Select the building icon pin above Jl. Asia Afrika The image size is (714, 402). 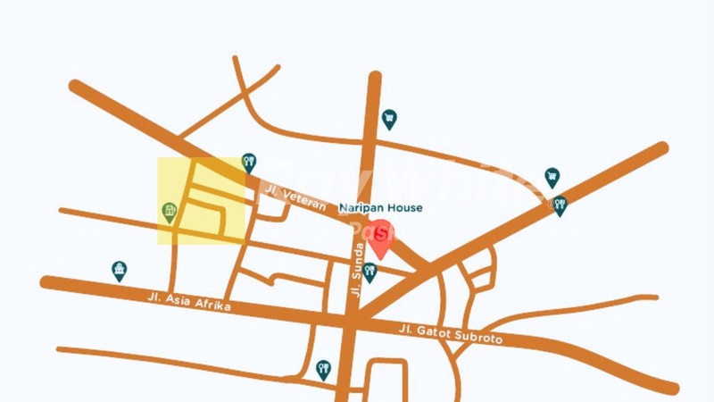click(x=119, y=271)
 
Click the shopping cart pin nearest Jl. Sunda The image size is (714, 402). click(x=389, y=119)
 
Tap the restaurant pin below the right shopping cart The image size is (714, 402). click(x=560, y=206)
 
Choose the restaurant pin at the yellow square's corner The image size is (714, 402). click(x=249, y=163)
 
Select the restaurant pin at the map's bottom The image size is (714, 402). click(x=323, y=369)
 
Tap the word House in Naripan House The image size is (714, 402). click(x=403, y=208)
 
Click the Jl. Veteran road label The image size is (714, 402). click(x=295, y=197)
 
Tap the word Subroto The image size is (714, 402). click(x=482, y=338)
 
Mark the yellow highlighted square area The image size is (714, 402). click(x=201, y=201)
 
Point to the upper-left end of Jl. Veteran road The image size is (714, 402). click(x=76, y=87)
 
